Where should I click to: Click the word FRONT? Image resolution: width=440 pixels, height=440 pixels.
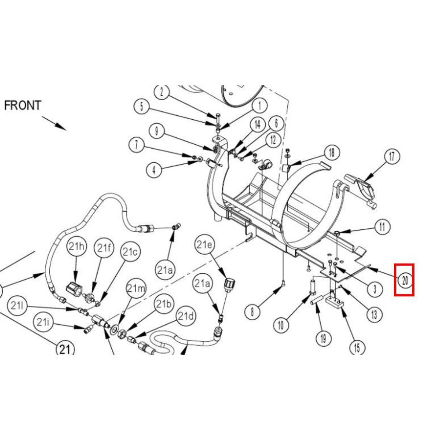point(22,106)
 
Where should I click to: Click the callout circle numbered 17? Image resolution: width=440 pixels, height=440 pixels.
point(391,156)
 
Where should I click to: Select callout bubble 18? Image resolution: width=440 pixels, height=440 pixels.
point(331,152)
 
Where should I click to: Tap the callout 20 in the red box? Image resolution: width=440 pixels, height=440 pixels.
point(404,280)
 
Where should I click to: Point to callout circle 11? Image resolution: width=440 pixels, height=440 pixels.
point(381,227)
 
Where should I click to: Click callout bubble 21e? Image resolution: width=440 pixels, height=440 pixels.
point(204,245)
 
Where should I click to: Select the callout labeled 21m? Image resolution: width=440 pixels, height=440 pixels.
point(136,289)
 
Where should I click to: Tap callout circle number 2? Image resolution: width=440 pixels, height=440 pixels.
point(162,92)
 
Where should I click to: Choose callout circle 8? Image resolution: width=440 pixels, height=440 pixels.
point(252,312)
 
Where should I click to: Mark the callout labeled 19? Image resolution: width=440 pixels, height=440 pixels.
point(323,338)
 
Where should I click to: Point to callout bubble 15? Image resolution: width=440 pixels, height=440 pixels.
point(357,348)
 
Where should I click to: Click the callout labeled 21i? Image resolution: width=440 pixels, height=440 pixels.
point(43,322)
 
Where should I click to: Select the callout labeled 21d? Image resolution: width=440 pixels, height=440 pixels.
point(185,315)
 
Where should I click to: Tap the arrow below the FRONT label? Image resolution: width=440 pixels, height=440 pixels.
point(55,123)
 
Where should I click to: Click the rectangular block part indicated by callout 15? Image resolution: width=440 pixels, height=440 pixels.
point(334,303)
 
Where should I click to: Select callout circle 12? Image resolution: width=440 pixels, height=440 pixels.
point(273,140)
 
